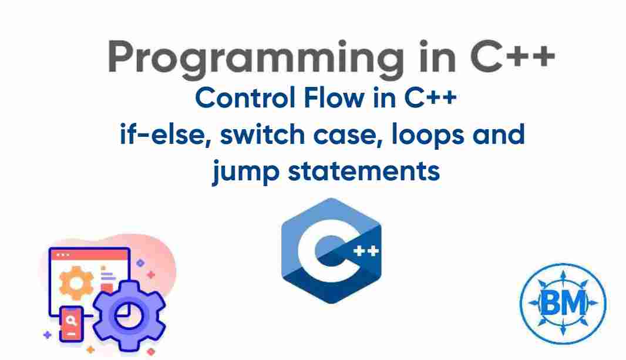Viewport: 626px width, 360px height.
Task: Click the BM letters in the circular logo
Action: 563,303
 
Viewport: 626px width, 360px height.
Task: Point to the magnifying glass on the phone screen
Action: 71,321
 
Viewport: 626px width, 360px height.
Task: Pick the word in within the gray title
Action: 429,56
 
